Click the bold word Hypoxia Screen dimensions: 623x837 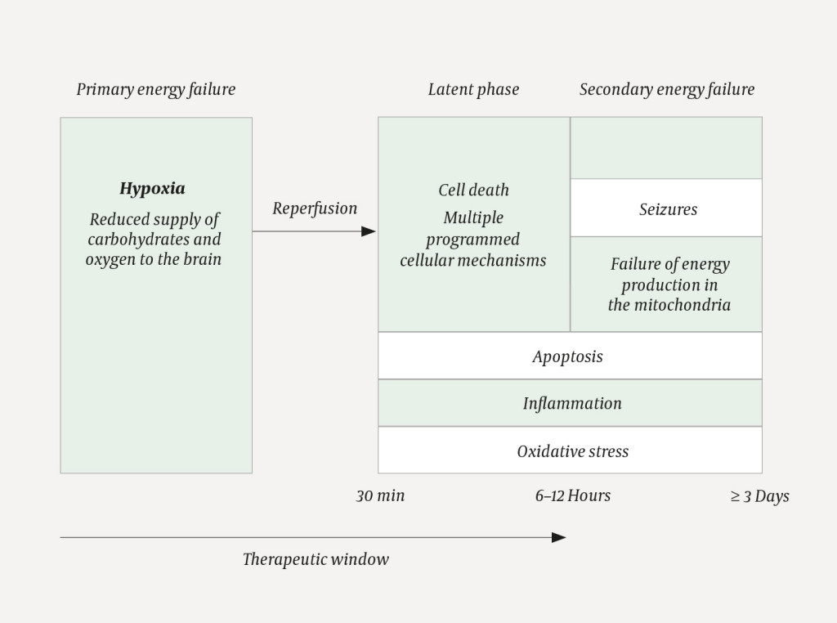coord(152,189)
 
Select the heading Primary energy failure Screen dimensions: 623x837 coord(155,89)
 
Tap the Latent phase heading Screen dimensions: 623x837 coord(473,89)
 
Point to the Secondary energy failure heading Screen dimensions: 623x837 coord(666,89)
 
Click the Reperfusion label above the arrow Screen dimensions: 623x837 coord(315,208)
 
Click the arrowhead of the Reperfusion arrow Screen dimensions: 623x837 coord(369,231)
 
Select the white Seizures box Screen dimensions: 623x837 coord(667,209)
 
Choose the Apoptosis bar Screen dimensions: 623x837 coord(570,356)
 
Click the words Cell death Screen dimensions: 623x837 coord(473,190)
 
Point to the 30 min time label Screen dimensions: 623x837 coord(380,495)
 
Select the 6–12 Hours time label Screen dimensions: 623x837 coord(572,495)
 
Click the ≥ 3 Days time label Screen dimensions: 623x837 coord(759,496)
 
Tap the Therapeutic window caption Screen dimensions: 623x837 coord(316,560)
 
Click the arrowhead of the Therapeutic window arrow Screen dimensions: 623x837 coord(559,537)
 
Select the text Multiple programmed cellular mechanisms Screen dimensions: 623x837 coord(473,240)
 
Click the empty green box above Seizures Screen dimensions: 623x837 coord(666,148)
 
